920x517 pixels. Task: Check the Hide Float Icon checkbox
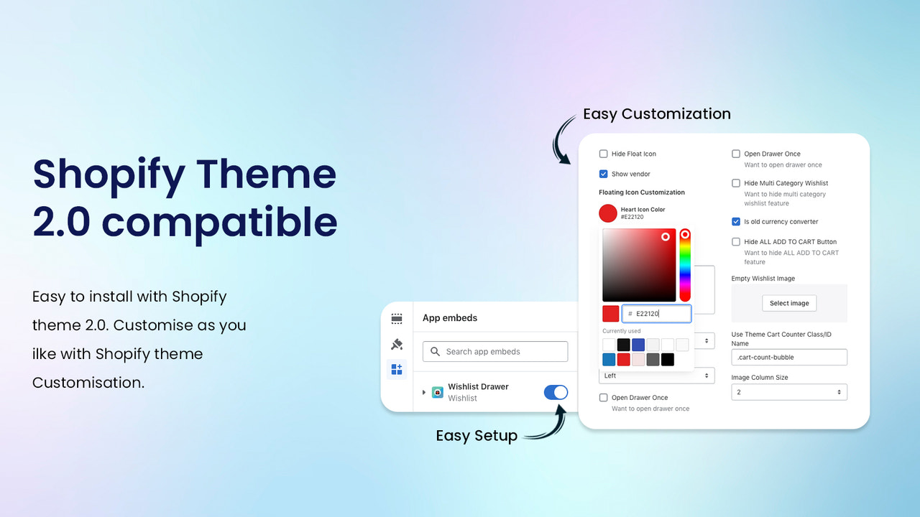[x=604, y=154]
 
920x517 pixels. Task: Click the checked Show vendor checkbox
[x=604, y=174]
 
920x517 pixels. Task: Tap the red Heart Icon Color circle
[x=608, y=213]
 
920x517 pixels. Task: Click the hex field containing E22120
[x=656, y=314]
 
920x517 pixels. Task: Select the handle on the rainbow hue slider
[x=685, y=235]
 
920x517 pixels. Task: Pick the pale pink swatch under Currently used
[x=638, y=360]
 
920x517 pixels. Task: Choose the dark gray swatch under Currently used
[x=653, y=360]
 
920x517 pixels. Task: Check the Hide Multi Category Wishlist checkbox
[x=736, y=183]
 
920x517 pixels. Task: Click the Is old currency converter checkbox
[x=736, y=222]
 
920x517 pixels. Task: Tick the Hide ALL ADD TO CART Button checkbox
[x=736, y=242]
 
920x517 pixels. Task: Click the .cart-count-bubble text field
[x=789, y=357]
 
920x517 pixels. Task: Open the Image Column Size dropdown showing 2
[x=789, y=392]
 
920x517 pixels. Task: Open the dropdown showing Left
[x=656, y=376]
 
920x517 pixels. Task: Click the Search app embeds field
[x=495, y=352]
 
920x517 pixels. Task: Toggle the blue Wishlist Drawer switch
[x=556, y=392]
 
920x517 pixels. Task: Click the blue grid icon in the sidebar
[x=397, y=369]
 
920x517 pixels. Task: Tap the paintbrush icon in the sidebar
[x=397, y=344]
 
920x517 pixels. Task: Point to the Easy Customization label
[x=656, y=114]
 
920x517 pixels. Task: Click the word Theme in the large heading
[x=266, y=174]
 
